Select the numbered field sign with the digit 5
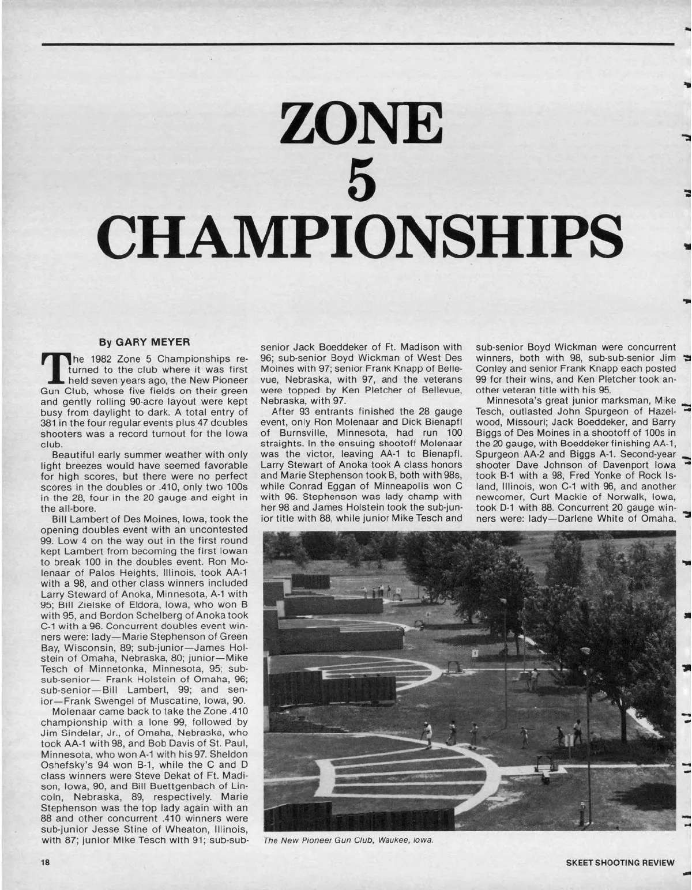coord(475,654)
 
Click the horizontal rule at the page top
coord(358,43)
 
